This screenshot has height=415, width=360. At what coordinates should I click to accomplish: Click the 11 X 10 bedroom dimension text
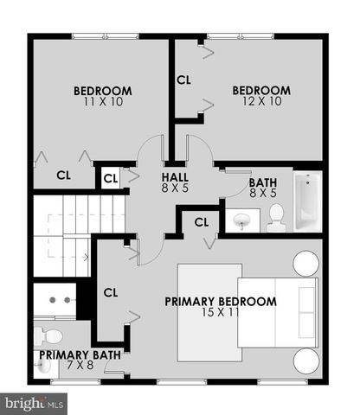click(102, 103)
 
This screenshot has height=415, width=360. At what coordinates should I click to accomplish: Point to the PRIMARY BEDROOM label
click(221, 302)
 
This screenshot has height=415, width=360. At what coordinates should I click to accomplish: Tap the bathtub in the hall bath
click(307, 201)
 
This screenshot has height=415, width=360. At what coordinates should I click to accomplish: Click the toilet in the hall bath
click(276, 220)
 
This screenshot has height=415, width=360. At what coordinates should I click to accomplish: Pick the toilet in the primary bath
click(49, 335)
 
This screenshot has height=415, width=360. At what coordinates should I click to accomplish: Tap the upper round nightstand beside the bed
click(305, 262)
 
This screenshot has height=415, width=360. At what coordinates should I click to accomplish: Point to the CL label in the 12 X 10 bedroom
click(183, 80)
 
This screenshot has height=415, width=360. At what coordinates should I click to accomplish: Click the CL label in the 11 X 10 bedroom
click(63, 175)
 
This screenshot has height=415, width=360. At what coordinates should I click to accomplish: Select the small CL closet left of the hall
click(110, 179)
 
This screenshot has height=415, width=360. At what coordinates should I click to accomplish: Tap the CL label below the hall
click(202, 222)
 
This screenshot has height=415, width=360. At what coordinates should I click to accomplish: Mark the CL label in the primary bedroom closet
click(110, 292)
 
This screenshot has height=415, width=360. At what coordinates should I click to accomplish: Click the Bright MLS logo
click(35, 403)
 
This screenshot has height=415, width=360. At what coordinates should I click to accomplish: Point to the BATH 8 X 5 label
click(262, 188)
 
